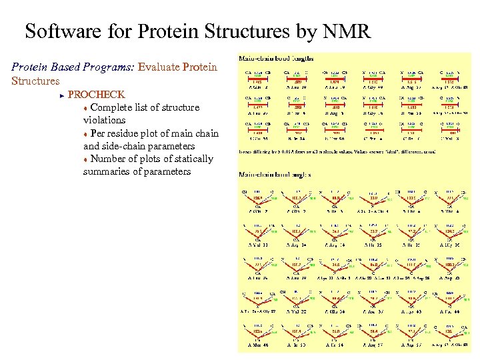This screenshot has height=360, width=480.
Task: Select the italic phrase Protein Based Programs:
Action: (73, 67)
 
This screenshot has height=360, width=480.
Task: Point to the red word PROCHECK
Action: (96, 95)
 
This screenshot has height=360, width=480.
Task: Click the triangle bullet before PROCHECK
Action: (61, 95)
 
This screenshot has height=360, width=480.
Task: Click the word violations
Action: (104, 120)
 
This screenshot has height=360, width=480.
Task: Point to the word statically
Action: (191, 159)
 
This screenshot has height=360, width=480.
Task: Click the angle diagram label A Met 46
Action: (257, 345)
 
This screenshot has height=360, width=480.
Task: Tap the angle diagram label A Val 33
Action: (256, 245)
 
